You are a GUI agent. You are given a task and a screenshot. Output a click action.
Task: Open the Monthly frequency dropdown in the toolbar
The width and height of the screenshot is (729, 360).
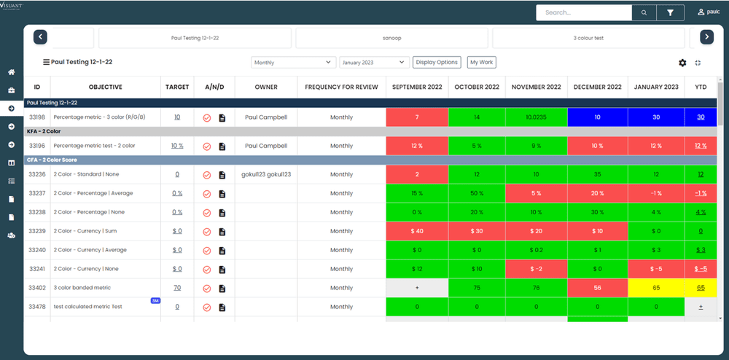coord(293,63)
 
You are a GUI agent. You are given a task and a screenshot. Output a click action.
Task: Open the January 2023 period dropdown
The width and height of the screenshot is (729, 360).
coord(372,63)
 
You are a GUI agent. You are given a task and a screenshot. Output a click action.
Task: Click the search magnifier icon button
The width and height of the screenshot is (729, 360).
coord(644,12)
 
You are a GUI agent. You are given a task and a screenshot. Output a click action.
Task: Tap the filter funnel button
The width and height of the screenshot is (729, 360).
coord(670,12)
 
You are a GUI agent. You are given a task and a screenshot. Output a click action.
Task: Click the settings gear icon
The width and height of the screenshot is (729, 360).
coord(682,63)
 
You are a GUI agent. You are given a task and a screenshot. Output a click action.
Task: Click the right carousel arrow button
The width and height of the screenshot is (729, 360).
coord(706,37)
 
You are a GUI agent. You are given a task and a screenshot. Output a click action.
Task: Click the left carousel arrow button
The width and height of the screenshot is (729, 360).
coord(41,37)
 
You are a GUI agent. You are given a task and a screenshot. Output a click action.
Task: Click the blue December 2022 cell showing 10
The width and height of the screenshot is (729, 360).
coord(597,117)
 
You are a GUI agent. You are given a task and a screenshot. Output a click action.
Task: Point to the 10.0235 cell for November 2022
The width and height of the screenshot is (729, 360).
coord(536,117)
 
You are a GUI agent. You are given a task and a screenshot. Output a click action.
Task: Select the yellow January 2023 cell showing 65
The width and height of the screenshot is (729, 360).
coord(656,288)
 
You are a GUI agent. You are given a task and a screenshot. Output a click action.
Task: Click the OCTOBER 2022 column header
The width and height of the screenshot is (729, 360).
coord(476,87)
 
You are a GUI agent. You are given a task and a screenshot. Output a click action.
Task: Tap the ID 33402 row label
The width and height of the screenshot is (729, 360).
coord(37,288)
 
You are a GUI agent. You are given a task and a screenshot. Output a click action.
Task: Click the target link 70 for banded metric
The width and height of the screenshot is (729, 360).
coord(177,288)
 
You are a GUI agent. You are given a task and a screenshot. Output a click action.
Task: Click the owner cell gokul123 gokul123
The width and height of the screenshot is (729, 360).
coord(265,174)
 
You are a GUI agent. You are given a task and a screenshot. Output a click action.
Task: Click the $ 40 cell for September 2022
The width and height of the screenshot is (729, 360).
coord(416,231)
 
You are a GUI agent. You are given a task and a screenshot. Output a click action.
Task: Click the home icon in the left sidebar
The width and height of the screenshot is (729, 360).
coord(12,72)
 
